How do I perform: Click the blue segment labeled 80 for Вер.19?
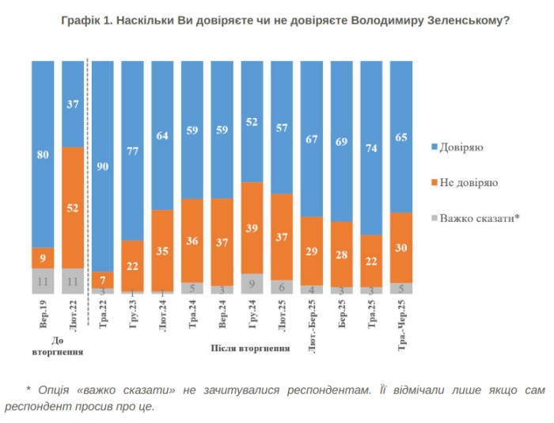click(x=43, y=154)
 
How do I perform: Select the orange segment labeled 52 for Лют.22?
click(x=73, y=208)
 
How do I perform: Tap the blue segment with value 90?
click(x=103, y=166)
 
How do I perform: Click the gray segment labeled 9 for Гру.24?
click(x=252, y=283)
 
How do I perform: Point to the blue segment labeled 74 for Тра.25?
click(x=371, y=147)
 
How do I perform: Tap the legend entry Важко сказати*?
click(x=479, y=218)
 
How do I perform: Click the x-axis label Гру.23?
click(x=132, y=315)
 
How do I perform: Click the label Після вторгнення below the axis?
click(x=250, y=348)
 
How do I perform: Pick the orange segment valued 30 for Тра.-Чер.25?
click(x=401, y=248)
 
